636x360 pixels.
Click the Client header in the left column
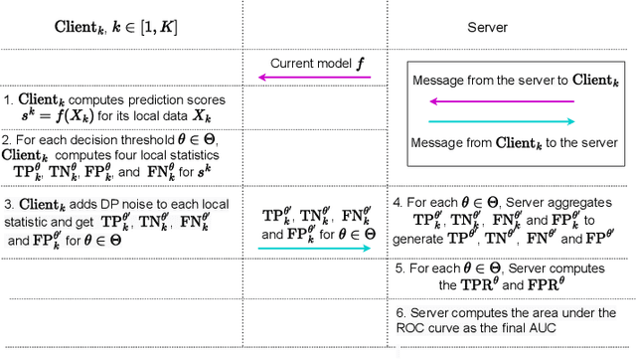116,27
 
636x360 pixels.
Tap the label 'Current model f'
317,63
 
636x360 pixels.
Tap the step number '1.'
8,99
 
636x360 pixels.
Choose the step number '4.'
397,201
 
